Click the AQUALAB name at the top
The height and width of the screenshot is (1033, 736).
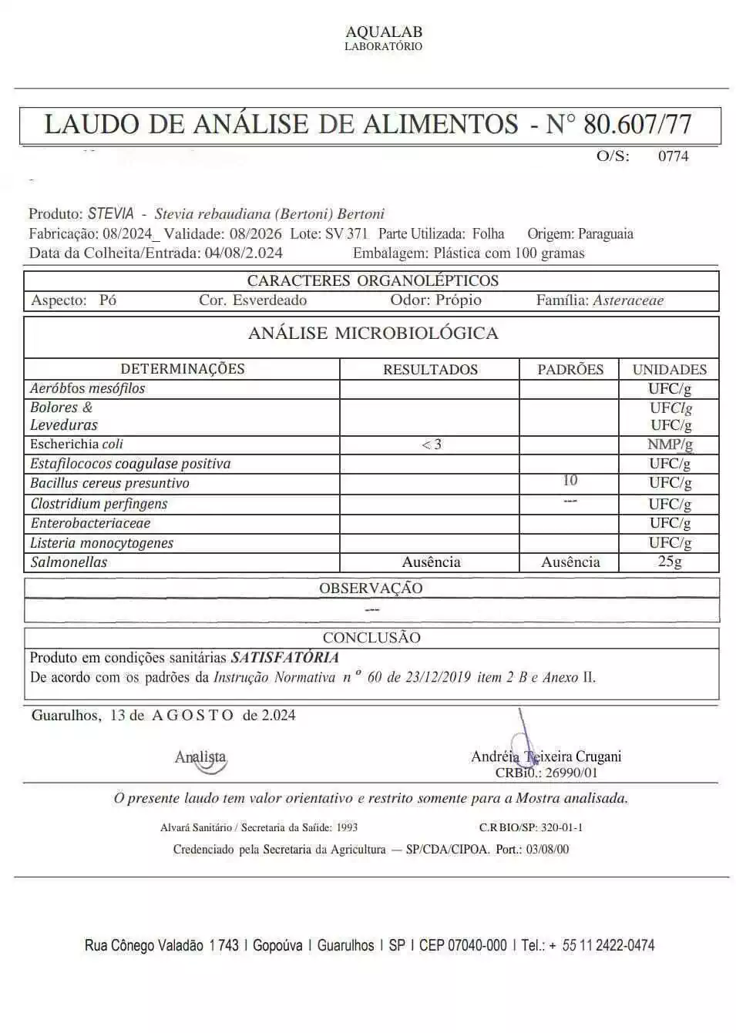(384, 32)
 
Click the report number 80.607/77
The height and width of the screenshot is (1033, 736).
(637, 124)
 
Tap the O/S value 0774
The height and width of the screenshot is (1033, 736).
(673, 156)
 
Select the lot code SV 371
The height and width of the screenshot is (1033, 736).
(346, 233)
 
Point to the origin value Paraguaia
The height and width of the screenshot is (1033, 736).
(606, 233)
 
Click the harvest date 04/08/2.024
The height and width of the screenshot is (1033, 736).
(244, 253)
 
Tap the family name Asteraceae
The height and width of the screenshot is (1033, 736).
(628, 300)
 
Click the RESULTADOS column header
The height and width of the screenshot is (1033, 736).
(430, 370)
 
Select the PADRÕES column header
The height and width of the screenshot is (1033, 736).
(570, 370)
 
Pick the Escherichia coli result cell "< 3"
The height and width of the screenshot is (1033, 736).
(432, 444)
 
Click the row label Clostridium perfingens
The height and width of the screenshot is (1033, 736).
(99, 504)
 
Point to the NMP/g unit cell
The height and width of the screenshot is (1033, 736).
(670, 444)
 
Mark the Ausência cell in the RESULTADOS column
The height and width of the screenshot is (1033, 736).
(431, 562)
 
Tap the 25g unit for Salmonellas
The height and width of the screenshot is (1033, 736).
(670, 562)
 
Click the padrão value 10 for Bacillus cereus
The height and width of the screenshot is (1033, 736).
(570, 481)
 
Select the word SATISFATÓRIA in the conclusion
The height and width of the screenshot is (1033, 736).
(285, 658)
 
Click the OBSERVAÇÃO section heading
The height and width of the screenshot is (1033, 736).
(371, 589)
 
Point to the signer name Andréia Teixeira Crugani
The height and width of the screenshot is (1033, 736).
(546, 756)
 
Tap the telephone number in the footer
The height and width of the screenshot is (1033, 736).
(608, 945)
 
